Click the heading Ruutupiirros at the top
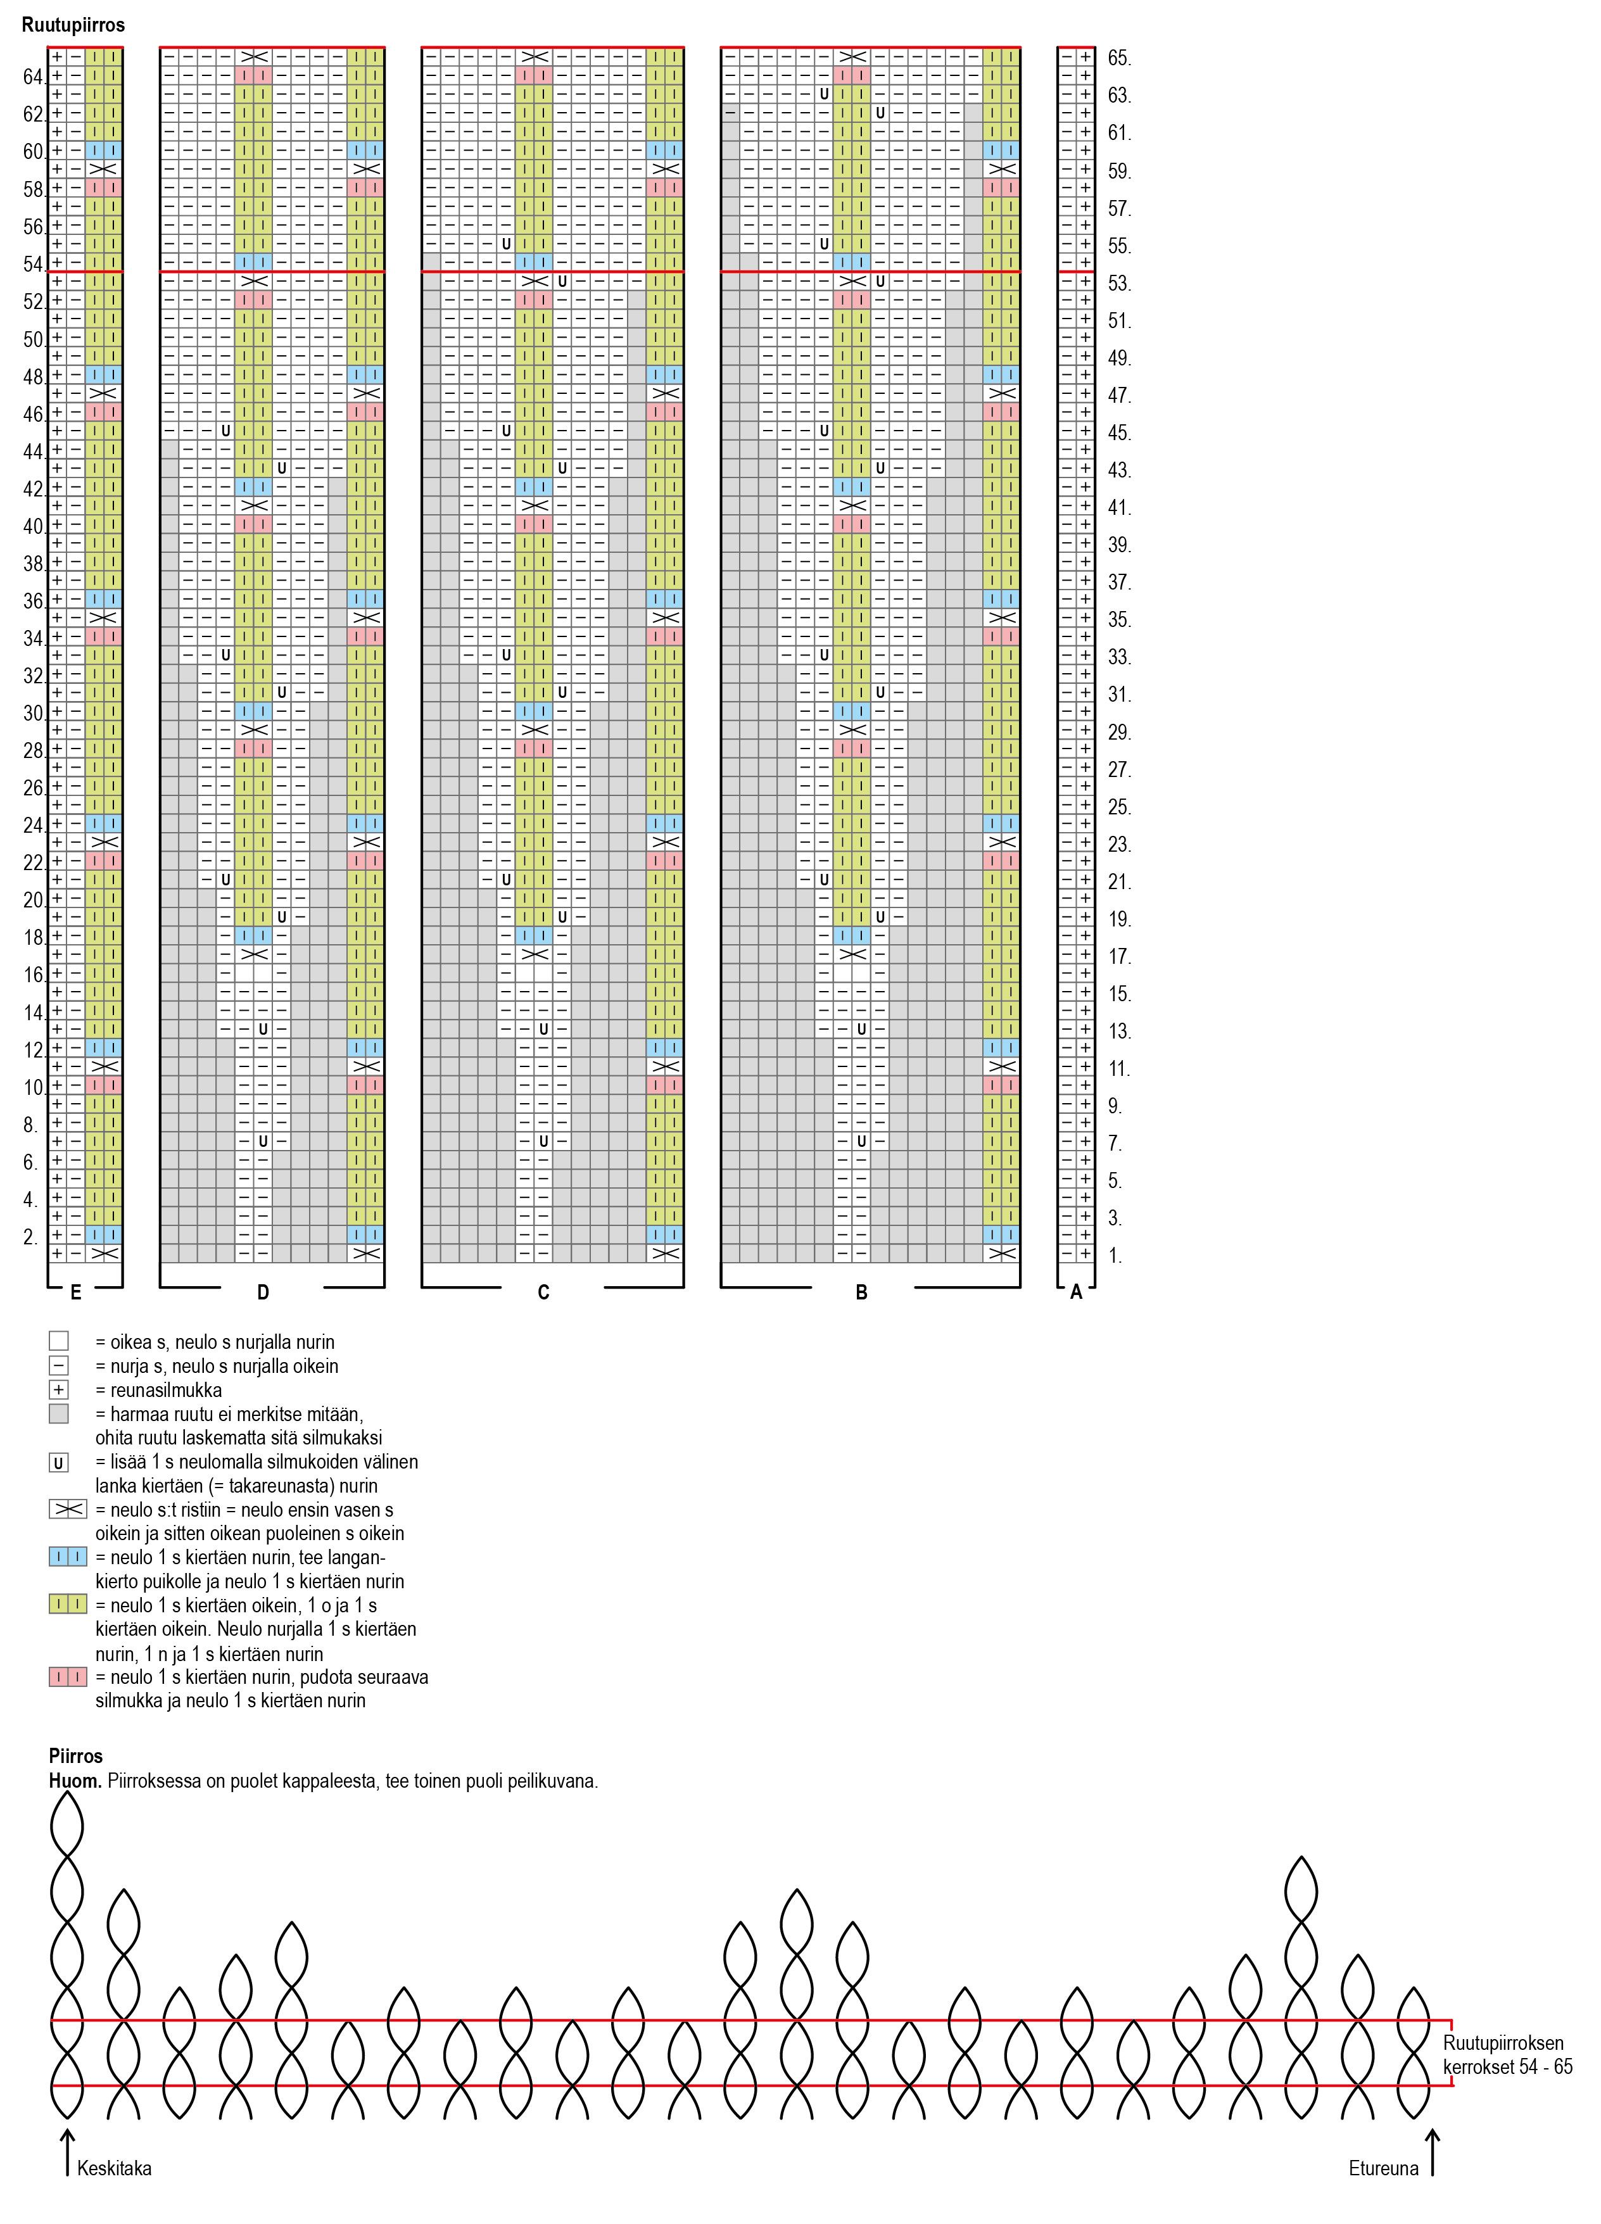[73, 25]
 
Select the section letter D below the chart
[263, 1292]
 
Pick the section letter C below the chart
[543, 1292]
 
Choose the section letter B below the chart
[861, 1292]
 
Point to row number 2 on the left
[30, 1237]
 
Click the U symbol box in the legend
[59, 1463]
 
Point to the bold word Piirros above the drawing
[75, 1756]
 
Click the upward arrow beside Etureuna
[1433, 2154]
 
